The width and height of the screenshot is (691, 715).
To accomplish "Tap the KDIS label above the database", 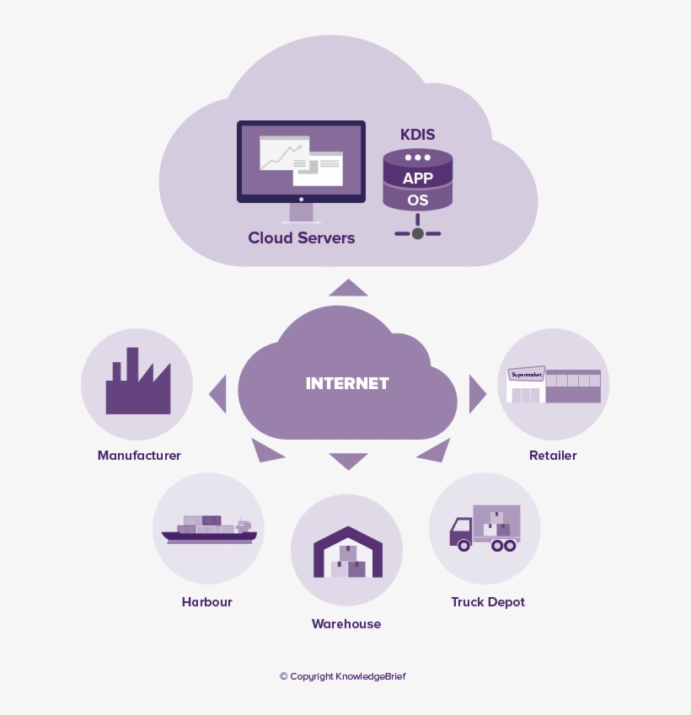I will click(417, 135).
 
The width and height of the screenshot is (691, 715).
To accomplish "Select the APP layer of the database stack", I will click(417, 178).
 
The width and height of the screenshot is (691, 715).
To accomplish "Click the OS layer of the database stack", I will click(417, 200).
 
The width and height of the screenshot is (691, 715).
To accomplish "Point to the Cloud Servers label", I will click(301, 237).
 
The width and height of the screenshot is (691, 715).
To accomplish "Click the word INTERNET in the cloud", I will click(347, 383).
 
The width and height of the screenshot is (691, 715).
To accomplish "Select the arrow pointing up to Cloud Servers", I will click(348, 289).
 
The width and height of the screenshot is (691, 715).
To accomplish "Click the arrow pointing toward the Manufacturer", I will click(219, 393).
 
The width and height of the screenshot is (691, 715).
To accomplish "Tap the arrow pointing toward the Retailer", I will click(477, 393).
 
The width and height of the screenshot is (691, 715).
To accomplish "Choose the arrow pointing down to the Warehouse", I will click(348, 461).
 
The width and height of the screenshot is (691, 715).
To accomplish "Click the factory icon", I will click(137, 384).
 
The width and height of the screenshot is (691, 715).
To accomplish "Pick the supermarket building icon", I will click(554, 385).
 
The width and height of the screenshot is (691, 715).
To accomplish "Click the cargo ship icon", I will click(208, 529).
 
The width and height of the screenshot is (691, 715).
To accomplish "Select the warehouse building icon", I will click(347, 552).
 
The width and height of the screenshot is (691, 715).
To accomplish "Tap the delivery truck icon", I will click(485, 529).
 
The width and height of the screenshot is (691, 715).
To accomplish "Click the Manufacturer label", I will click(139, 456).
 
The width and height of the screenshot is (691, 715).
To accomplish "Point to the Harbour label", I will click(206, 602).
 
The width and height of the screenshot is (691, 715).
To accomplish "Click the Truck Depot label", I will click(487, 602).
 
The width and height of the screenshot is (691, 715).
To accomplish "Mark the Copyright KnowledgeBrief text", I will click(342, 676).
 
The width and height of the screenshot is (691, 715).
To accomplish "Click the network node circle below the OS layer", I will click(417, 233).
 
